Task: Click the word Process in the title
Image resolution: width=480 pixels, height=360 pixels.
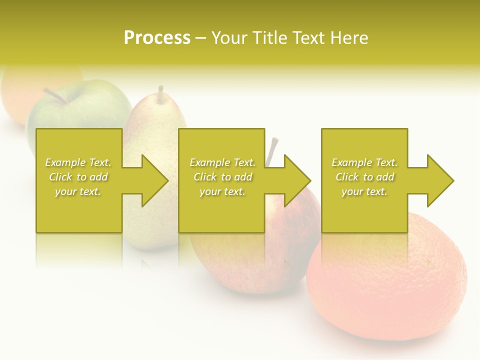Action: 157,38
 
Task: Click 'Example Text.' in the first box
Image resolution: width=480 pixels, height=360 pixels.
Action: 78,162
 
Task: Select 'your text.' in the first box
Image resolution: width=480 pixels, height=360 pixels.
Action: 78,191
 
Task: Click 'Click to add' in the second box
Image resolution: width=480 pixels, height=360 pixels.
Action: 222,177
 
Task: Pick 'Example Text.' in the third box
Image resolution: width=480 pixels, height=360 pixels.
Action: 364,162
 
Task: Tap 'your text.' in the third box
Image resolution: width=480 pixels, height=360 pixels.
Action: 364,191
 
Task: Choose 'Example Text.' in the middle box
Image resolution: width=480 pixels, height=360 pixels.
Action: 222,162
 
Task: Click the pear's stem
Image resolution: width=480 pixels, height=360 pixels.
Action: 160,93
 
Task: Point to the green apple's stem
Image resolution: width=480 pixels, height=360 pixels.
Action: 54,96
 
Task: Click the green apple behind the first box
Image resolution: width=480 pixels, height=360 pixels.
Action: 80,112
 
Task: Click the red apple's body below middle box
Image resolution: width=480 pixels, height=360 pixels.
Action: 240,265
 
